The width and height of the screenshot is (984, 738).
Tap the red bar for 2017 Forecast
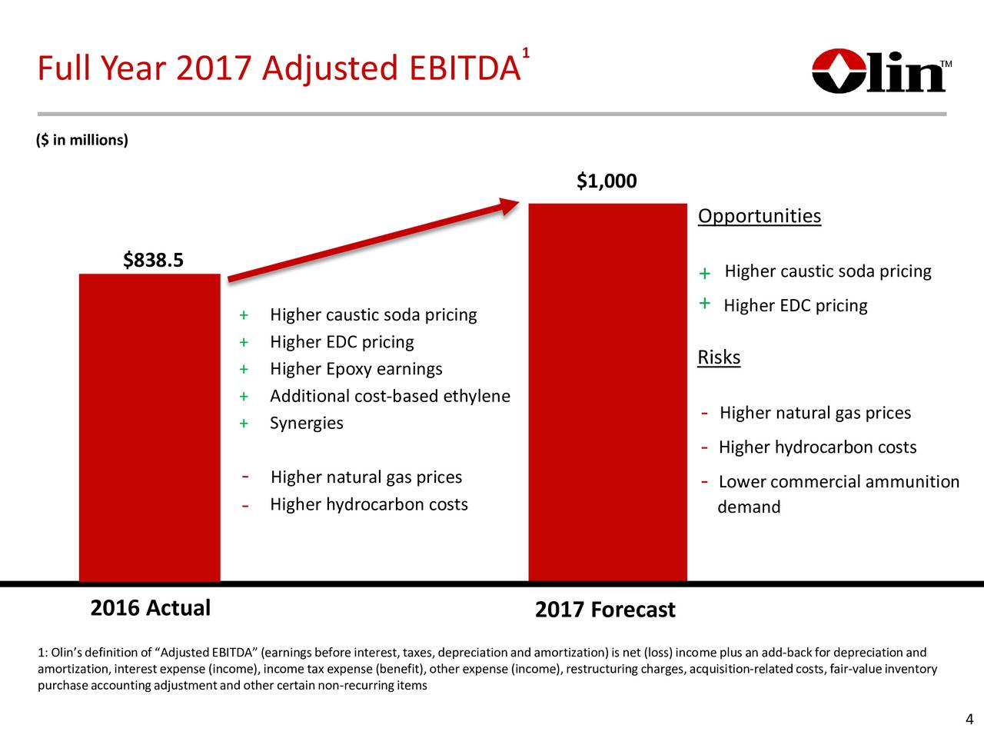click(607, 392)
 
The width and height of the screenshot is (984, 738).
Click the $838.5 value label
click(153, 261)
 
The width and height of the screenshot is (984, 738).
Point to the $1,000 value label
click(607, 181)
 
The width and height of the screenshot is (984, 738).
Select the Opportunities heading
click(759, 216)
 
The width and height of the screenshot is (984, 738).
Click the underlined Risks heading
click(718, 357)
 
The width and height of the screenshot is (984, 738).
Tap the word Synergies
click(306, 424)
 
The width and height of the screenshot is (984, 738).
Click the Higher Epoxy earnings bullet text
click(356, 369)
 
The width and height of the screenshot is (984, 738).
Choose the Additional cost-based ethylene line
click(390, 396)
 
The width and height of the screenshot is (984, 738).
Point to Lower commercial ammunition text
click(839, 482)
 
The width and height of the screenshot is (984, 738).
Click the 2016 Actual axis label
click(150, 608)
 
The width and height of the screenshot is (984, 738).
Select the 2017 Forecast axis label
click(605, 610)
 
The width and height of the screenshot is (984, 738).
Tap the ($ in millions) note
click(82, 140)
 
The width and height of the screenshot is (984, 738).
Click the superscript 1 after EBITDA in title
click(525, 53)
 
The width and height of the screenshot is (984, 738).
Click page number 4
click(969, 720)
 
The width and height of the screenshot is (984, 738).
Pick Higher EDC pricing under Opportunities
click(795, 306)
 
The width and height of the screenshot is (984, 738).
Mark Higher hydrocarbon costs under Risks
click(817, 447)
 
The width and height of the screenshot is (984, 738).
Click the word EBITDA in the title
click(464, 69)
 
